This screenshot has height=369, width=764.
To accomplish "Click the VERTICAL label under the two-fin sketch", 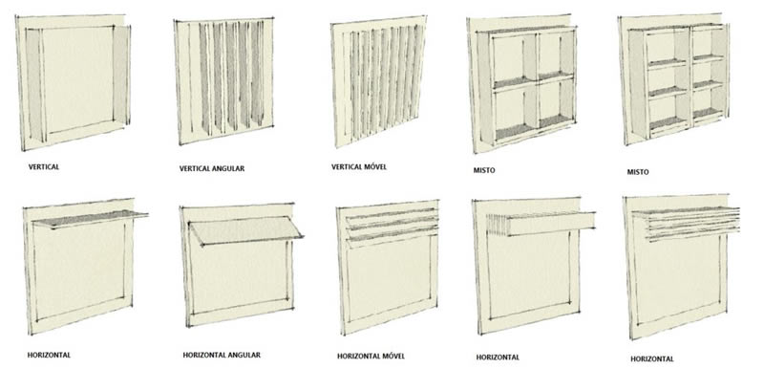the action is click(x=44, y=166).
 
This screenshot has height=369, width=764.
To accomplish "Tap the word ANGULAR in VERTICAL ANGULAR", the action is click(x=228, y=168).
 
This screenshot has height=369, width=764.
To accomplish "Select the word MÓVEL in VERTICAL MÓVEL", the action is click(x=375, y=166).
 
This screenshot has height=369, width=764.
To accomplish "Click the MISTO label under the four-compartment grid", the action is click(x=484, y=170).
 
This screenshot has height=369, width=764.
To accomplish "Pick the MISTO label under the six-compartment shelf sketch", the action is click(x=638, y=172).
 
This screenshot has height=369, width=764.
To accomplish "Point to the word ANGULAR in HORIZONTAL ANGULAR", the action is click(x=244, y=355).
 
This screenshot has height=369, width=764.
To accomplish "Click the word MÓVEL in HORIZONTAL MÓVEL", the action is click(x=393, y=356).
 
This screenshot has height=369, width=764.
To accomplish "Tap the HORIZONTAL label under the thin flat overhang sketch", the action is click(x=49, y=355).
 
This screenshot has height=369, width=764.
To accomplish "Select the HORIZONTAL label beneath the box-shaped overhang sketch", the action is click(x=498, y=358).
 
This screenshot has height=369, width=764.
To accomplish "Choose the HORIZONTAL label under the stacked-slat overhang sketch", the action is click(x=652, y=358).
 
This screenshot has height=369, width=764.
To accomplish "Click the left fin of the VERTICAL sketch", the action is click(x=35, y=84).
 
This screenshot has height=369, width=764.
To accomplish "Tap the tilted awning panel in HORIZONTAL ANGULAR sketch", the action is click(x=245, y=230).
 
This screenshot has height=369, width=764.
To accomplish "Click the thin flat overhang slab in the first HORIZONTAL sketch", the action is click(x=90, y=218).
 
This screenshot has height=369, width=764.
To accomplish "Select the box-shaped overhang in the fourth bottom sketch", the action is click(x=541, y=224).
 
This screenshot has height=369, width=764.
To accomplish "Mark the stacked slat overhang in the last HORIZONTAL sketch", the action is click(x=686, y=223).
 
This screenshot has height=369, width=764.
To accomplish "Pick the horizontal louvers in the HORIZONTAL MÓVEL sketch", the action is click(x=393, y=226).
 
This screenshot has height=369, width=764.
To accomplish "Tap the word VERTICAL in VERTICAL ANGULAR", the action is click(x=195, y=168).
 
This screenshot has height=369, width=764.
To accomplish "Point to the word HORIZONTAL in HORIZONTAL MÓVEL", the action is click(x=358, y=356).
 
